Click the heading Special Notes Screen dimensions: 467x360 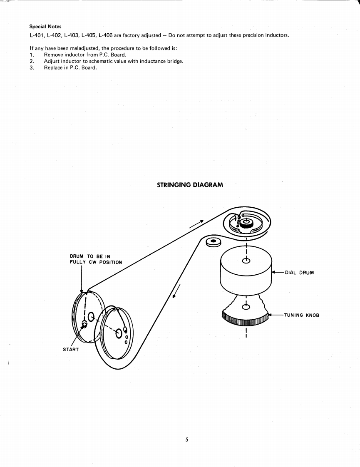(45, 27)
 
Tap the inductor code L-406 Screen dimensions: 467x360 (106, 35)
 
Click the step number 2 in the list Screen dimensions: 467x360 (32, 61)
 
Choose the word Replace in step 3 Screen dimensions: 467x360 (54, 68)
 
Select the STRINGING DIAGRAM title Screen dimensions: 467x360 (190, 184)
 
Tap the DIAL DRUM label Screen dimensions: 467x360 (299, 273)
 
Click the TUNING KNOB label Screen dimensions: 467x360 (301, 315)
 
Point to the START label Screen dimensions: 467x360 (71, 350)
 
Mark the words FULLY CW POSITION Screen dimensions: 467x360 (96, 262)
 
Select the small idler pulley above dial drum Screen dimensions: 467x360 (213, 241)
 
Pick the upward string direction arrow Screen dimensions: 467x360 (196, 224)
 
